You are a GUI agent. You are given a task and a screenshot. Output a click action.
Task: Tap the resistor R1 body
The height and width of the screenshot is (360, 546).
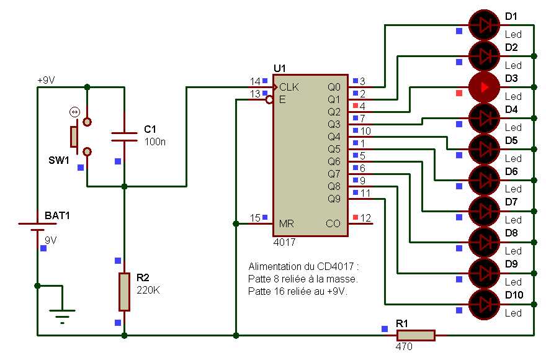tap(415, 335)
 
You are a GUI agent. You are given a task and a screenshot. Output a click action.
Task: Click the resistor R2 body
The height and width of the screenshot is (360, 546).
tap(124, 291)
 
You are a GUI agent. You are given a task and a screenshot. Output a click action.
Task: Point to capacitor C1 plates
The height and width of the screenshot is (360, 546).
tap(124, 137)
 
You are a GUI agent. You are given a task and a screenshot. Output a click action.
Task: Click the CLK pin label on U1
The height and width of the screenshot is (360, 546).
tap(289, 87)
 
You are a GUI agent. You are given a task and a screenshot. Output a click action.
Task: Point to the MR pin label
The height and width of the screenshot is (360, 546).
tap(286, 223)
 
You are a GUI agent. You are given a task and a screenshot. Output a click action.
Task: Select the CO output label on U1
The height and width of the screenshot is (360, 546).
tap(333, 223)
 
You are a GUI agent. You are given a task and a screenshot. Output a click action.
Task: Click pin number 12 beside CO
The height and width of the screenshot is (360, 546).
tap(366, 218)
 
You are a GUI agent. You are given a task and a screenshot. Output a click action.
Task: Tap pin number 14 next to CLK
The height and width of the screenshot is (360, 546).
tap(255, 81)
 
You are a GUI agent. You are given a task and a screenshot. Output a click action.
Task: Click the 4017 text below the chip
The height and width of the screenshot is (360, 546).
tap(285, 242)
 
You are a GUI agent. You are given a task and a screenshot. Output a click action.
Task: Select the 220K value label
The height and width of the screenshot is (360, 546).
tap(148, 289)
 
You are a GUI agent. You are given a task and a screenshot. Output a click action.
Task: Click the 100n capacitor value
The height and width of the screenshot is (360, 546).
tap(154, 142)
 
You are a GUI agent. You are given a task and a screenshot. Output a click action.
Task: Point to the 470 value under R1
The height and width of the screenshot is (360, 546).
tap(403, 347)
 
